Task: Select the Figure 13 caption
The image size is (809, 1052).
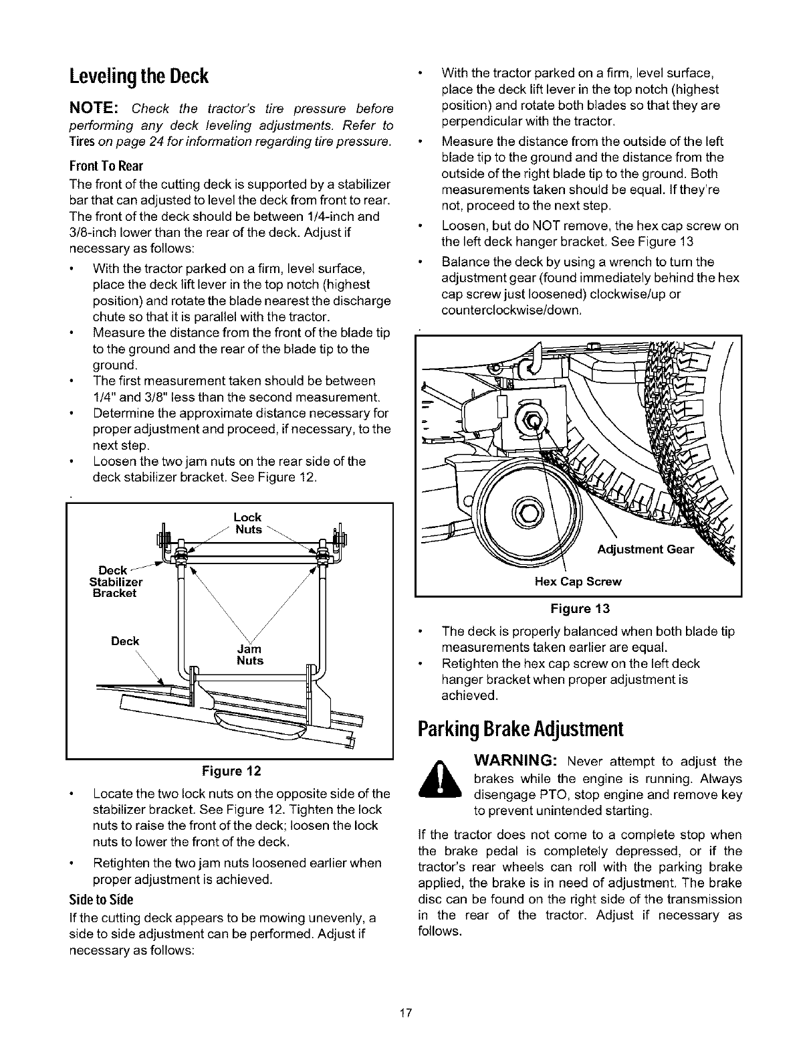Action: (x=578, y=608)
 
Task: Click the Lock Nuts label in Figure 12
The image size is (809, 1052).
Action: (x=247, y=523)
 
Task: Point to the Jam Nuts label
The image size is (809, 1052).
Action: (x=250, y=654)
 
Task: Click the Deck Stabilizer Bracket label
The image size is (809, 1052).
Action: (x=112, y=581)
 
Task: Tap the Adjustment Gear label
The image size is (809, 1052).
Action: (x=646, y=550)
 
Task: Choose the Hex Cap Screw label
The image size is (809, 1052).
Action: (x=578, y=582)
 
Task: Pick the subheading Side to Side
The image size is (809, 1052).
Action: (x=102, y=898)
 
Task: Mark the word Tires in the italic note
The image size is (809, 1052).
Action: (x=82, y=142)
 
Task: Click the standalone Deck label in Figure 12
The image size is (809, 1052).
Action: (x=125, y=641)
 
